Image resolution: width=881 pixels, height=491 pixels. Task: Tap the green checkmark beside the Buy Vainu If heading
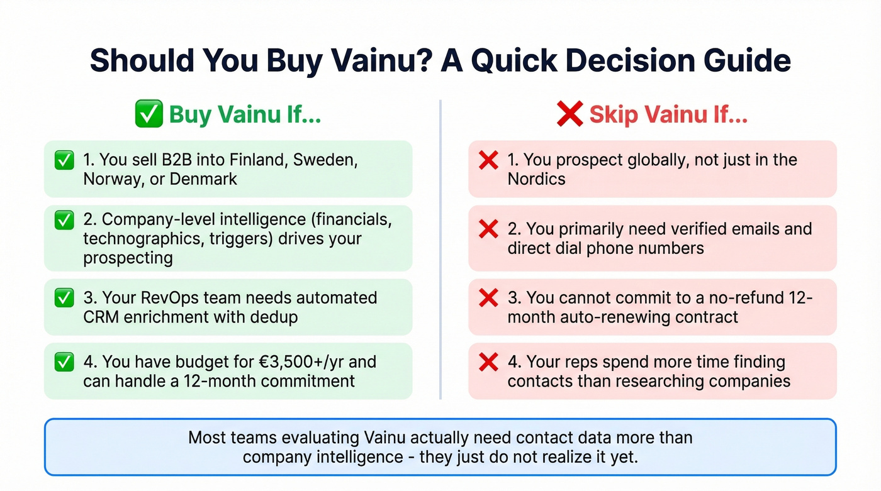(x=149, y=115)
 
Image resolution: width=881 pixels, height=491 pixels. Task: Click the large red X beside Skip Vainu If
(x=570, y=114)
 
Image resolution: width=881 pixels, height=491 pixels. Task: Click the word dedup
(x=274, y=317)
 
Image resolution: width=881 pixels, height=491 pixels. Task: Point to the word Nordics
(x=536, y=179)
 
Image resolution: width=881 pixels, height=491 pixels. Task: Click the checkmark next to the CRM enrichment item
(x=64, y=298)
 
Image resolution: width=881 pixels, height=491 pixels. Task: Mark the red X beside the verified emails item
(x=488, y=229)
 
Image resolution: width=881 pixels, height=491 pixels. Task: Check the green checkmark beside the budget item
(x=64, y=362)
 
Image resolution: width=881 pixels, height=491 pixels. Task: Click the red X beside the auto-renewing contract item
(x=488, y=298)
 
